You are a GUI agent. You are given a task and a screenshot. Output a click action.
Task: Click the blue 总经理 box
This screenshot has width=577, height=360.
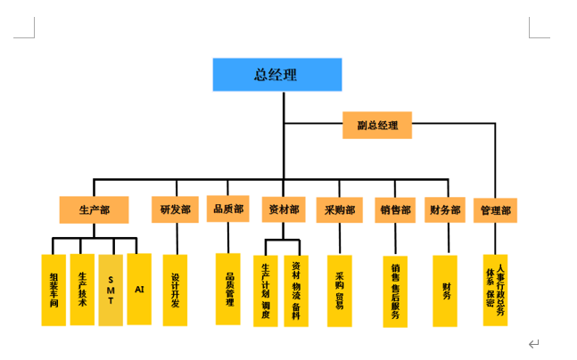(276, 74)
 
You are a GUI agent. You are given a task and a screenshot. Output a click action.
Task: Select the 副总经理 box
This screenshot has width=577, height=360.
(376, 126)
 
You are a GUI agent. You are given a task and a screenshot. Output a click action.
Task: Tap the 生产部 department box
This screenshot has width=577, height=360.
(94, 210)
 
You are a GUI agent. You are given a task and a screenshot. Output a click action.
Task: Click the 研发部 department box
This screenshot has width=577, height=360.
(176, 210)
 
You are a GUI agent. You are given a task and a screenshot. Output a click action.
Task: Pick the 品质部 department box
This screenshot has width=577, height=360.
(227, 209)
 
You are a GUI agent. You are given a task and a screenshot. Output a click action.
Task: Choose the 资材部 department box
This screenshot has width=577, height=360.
(284, 210)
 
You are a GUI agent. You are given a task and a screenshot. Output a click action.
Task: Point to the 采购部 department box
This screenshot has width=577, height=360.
(339, 210)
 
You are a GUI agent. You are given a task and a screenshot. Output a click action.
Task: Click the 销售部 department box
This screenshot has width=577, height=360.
(395, 210)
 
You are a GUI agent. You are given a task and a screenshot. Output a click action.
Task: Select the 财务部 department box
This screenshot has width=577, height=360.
(445, 210)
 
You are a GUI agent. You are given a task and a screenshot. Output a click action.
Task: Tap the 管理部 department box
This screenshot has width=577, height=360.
(495, 211)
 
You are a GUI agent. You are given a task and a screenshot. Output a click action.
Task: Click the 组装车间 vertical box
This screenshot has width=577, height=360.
(54, 290)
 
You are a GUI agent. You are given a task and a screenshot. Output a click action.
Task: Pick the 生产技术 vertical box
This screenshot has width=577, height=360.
(82, 290)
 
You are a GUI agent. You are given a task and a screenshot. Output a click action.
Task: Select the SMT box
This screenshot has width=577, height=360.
(111, 290)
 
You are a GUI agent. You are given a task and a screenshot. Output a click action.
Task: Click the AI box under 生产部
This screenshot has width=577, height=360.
(139, 289)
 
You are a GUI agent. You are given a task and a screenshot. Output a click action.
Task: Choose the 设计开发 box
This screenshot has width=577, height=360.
(176, 290)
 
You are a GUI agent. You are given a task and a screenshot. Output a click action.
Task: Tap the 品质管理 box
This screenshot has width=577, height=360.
(228, 290)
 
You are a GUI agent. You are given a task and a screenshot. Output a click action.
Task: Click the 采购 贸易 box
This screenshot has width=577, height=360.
(339, 290)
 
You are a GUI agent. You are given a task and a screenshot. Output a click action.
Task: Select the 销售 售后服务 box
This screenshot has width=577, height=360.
(395, 290)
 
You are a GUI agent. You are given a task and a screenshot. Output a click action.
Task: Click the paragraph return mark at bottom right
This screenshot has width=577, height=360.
(533, 344)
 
